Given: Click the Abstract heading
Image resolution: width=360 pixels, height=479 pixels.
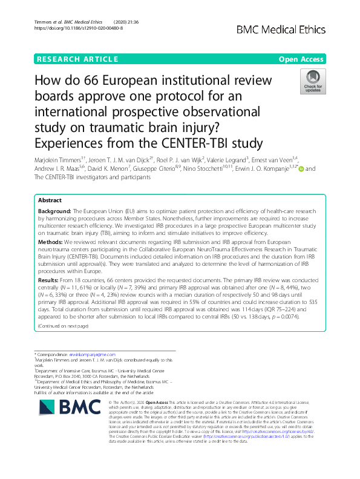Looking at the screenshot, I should [50, 200].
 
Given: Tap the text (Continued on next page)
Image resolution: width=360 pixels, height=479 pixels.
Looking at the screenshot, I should [63, 326].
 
